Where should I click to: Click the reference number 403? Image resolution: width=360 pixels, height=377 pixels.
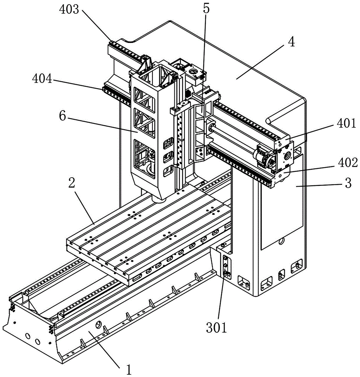pos(69,10)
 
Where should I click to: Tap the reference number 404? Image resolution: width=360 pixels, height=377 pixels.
pos(42,78)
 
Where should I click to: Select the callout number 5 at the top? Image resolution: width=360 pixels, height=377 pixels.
pos(206,9)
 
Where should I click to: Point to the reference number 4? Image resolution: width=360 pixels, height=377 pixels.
pos(291,42)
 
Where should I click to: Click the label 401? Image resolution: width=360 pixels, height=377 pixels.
pos(346,123)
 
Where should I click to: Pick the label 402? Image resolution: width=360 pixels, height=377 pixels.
pos(348,163)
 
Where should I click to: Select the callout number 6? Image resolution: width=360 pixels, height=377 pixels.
pos(63,116)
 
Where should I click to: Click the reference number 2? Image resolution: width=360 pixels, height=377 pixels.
pos(72,184)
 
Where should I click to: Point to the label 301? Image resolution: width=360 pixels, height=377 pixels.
pos(216,328)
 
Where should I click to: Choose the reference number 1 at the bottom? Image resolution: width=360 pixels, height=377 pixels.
pos(129,369)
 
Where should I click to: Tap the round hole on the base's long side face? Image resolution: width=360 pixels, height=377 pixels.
pos(98,325)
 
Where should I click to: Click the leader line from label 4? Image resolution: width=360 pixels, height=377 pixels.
pos(262,62)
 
